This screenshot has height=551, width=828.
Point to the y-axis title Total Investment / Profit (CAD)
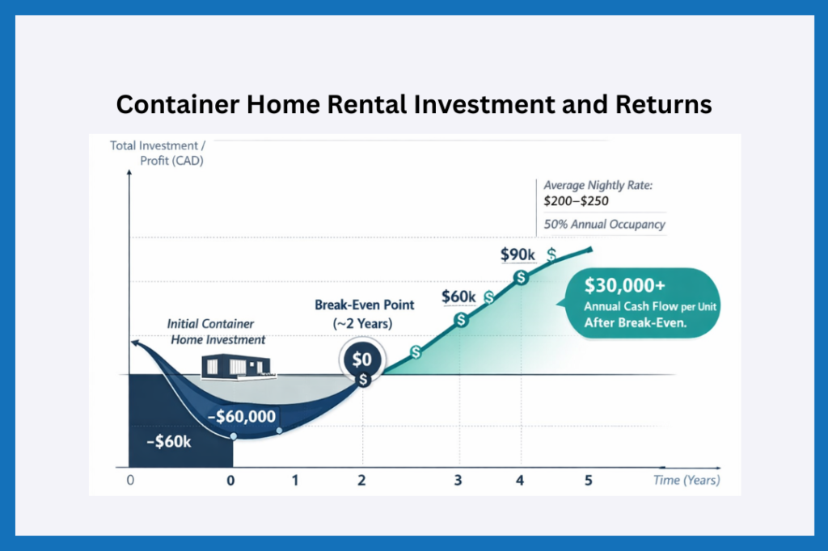[158, 154]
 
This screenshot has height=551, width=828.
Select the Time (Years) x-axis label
[686, 480]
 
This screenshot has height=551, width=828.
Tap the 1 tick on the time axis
[295, 480]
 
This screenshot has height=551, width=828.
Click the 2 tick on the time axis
[361, 480]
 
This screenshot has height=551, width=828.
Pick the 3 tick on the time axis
[458, 480]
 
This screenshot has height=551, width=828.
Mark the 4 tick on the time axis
[520, 480]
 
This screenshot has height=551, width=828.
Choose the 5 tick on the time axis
[588, 480]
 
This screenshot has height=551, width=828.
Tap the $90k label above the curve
[517, 255]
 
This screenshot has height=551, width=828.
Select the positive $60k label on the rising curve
[458, 297]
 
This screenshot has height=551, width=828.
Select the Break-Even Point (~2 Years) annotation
[364, 314]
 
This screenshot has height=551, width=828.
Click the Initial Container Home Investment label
[216, 331]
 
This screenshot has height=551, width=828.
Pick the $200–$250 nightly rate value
[577, 201]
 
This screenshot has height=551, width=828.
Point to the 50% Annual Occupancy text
[604, 224]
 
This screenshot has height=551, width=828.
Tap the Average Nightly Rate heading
[598, 185]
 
